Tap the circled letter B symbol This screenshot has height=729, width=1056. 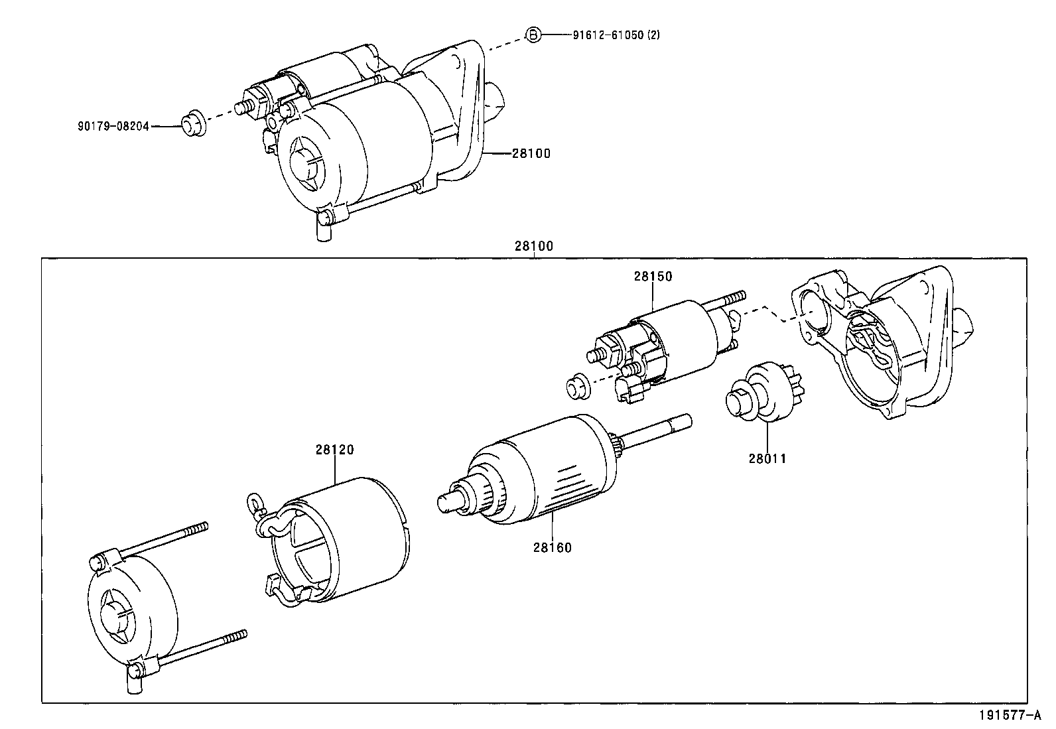pos(533,34)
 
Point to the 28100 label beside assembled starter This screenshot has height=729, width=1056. pos(531,153)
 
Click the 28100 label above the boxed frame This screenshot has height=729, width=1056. pos(533,246)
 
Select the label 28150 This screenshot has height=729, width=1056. pos(652,277)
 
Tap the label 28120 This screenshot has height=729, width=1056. pos(334,450)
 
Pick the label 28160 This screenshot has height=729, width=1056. pos(551,548)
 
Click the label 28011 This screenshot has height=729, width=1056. pos(767,458)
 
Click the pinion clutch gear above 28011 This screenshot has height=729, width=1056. pos(763,393)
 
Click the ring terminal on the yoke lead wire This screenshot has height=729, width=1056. pos(253,501)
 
